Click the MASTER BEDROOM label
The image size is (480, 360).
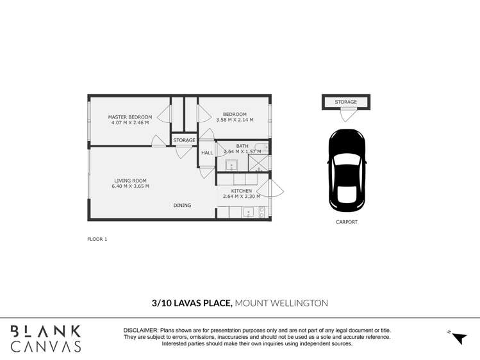pyautogui.click(x=130, y=117)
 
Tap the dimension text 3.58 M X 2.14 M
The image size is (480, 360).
pyautogui.click(x=235, y=120)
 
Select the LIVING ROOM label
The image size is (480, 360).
pyautogui.click(x=130, y=181)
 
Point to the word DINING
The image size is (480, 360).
pyautogui.click(x=182, y=205)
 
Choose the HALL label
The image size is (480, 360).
pyautogui.click(x=207, y=153)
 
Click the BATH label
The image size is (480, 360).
pyautogui.click(x=242, y=146)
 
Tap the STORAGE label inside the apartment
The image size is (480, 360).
pyautogui.click(x=184, y=140)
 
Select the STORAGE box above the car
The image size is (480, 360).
pyautogui.click(x=345, y=102)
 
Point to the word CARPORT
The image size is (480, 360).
pyautogui.click(x=346, y=222)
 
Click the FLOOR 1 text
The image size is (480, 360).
pyautogui.click(x=97, y=239)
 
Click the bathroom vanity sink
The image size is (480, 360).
pyautogui.click(x=231, y=165)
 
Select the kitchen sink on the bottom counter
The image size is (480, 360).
pyautogui.click(x=248, y=213)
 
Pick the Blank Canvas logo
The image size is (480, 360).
pyautogui.click(x=44, y=338)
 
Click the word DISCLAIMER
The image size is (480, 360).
pyautogui.click(x=140, y=330)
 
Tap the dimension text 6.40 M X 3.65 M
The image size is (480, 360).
pyautogui.click(x=130, y=186)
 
